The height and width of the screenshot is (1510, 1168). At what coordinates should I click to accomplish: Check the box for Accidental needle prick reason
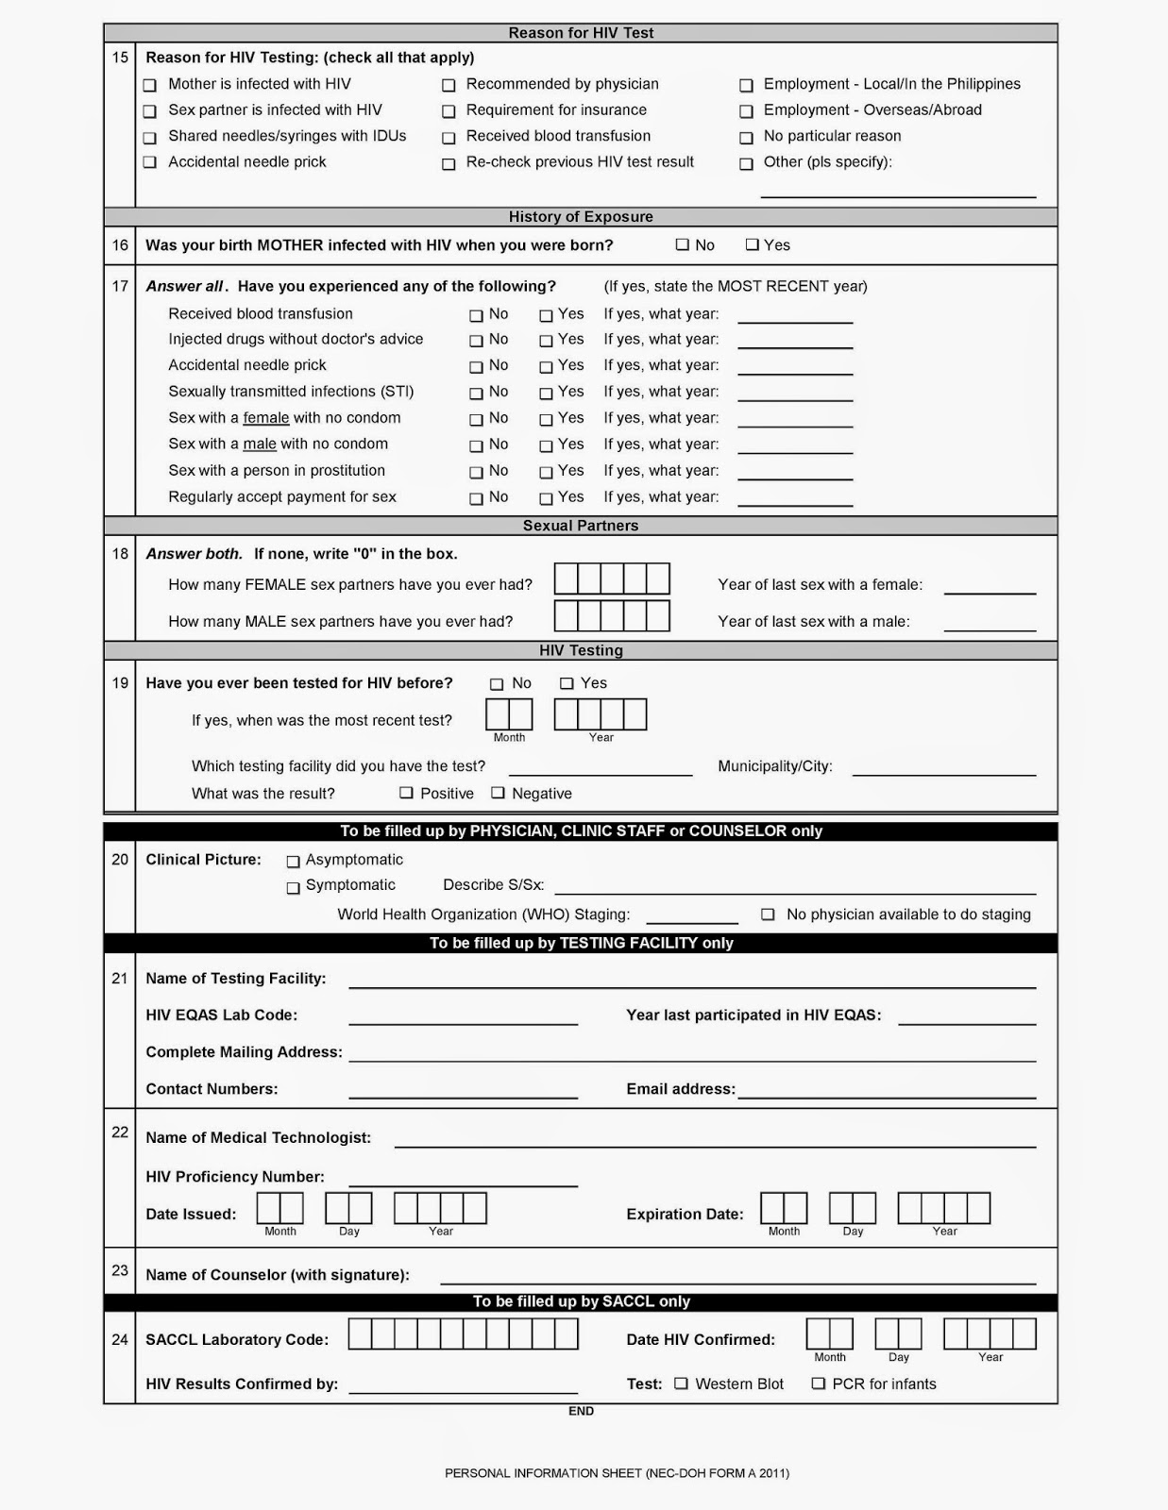click(150, 162)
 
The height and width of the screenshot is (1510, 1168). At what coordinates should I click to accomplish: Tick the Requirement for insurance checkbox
click(449, 111)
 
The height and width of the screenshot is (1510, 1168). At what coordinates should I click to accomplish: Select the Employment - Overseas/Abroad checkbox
click(746, 111)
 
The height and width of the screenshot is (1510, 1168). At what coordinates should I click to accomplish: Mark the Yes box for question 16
click(753, 245)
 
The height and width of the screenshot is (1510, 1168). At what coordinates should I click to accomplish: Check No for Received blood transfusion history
click(476, 315)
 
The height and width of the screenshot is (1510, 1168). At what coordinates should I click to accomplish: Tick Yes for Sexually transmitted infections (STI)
click(546, 393)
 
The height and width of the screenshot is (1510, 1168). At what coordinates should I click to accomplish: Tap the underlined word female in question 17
click(266, 418)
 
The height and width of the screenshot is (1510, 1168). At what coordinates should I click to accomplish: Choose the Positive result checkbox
click(407, 794)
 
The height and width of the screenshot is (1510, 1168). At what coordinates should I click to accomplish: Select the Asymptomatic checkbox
click(294, 861)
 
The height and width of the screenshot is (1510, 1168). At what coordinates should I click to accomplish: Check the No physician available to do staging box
click(769, 914)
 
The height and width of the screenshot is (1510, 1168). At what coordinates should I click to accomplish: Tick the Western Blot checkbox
click(682, 1384)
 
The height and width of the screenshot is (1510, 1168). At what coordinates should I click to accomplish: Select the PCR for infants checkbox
click(819, 1384)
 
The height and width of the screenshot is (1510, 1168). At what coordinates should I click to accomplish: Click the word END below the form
click(581, 1411)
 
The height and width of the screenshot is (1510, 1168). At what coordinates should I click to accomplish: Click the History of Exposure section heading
click(581, 217)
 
